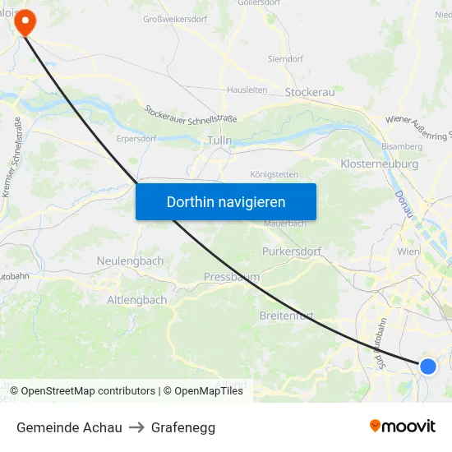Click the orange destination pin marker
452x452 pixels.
coord(25,22)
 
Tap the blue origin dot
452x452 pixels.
coord(428,366)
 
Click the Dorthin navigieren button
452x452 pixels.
coord(226,201)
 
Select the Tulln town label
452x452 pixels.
coord(219,141)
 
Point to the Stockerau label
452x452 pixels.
coord(310,92)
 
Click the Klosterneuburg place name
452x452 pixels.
coord(379,164)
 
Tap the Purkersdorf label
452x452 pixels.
coord(292,251)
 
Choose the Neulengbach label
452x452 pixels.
coord(130,261)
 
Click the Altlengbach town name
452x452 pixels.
coord(136,300)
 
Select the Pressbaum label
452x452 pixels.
coord(231,278)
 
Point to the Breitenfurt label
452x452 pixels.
coord(287,316)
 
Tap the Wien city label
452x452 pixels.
coord(408,251)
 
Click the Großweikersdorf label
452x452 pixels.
coord(175,19)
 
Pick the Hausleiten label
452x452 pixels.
coord(247,90)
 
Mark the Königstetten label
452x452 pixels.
coord(274,175)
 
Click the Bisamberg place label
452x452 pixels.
coord(403,146)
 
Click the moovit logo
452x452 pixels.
coord(403,427)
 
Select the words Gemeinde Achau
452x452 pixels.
coord(69,427)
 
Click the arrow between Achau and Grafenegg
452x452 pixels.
coord(136,427)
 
